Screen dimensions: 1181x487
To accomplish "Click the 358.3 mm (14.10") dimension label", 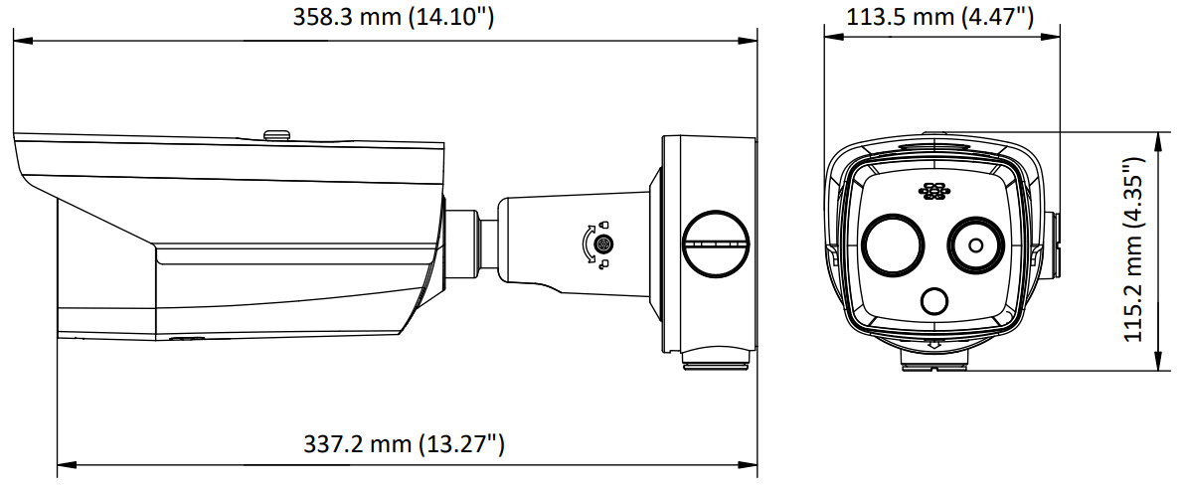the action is (393, 16).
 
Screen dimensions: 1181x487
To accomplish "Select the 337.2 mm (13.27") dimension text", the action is (404, 444).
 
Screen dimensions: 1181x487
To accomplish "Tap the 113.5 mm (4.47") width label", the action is (939, 16).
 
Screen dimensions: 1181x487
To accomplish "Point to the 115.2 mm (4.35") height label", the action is (1136, 249).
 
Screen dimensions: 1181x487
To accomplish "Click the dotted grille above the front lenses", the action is (932, 192).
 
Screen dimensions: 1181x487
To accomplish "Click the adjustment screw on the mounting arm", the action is (602, 244).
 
